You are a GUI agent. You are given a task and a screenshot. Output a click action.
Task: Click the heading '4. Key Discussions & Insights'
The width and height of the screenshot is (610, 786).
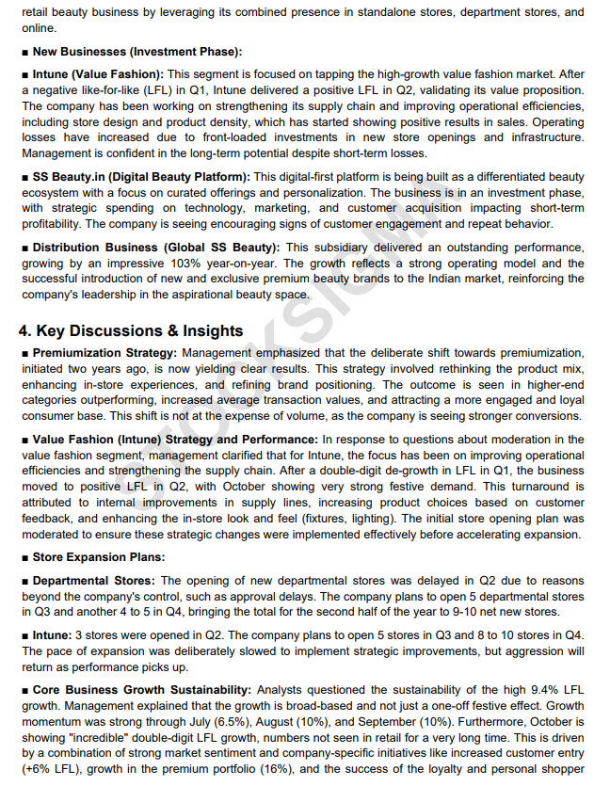coord(131,330)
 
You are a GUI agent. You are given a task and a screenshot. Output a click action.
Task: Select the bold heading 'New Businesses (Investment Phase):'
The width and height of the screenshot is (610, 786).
coord(137,51)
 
